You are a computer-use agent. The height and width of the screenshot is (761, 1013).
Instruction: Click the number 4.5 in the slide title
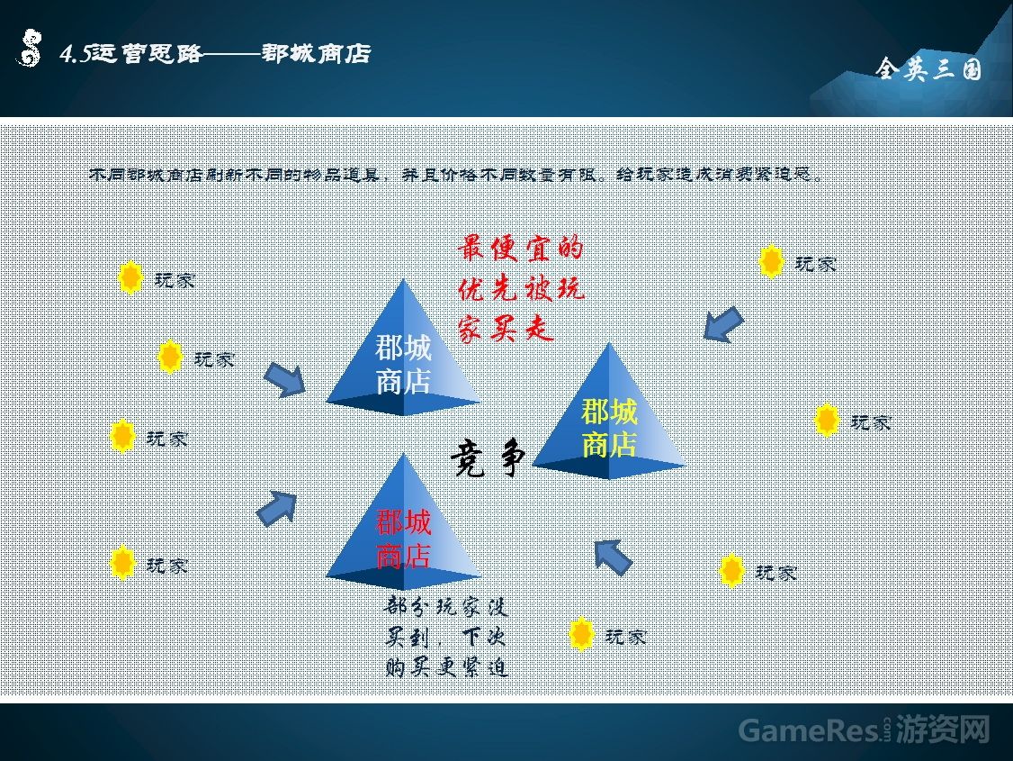coord(75,55)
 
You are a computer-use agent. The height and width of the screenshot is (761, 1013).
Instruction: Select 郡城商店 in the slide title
coord(316,54)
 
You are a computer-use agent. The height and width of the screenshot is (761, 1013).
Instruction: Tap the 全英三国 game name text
coord(928,69)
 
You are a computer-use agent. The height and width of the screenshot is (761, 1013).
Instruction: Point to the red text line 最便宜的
coord(520,248)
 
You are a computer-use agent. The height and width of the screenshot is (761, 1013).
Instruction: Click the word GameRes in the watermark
coord(807,730)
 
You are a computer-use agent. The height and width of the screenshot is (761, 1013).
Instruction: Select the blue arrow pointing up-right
coord(277,509)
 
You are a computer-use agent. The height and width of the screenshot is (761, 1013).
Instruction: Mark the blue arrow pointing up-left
coord(614,557)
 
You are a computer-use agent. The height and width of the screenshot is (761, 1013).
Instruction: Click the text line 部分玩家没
coord(447,606)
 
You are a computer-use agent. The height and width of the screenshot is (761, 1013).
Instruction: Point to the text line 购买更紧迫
coord(447,667)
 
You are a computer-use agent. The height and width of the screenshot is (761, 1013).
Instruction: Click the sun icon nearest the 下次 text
coord(582,635)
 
